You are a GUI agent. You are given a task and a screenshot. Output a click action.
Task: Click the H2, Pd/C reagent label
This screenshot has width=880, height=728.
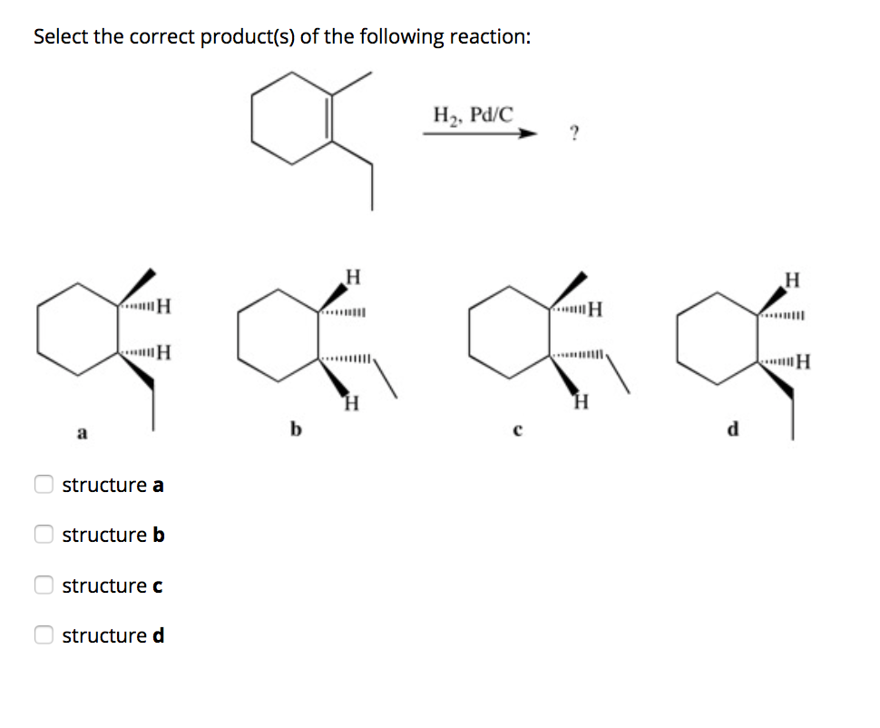coord(473,115)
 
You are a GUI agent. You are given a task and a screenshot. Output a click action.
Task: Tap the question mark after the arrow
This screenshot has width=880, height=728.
coord(572,135)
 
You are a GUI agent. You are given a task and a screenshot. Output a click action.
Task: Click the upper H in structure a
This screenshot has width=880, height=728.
coord(165,305)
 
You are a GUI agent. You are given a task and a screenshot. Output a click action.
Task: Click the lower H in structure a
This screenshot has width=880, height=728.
coord(165,353)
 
